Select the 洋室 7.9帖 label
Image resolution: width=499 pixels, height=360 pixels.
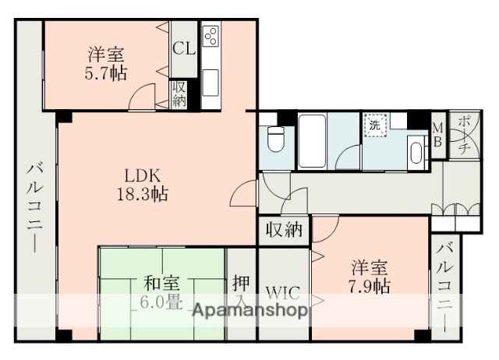coord(370,275)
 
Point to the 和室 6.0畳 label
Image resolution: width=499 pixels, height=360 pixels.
coord(162,293)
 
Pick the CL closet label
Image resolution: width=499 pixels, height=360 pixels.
coord(185,48)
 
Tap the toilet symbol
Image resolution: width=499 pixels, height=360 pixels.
coord(274,141)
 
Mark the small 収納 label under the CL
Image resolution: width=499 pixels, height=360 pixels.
coord(179,93)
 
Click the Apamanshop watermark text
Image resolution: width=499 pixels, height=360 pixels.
coord(249,311)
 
